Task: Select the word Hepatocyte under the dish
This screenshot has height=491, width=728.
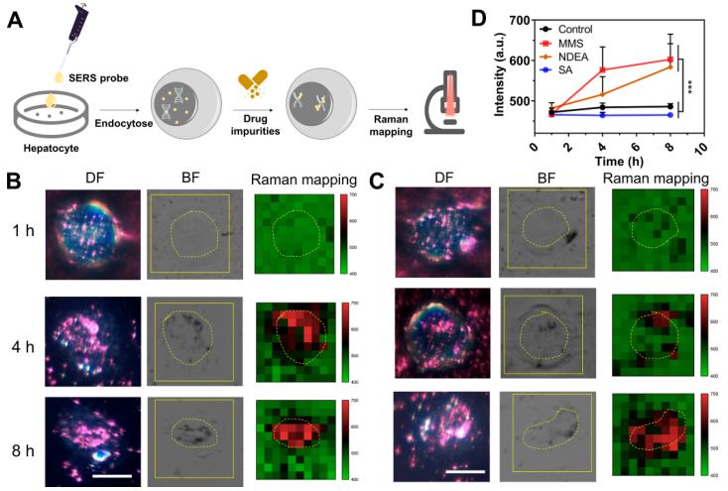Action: click(51, 151)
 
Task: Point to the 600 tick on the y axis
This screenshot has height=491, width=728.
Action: click(518, 60)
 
